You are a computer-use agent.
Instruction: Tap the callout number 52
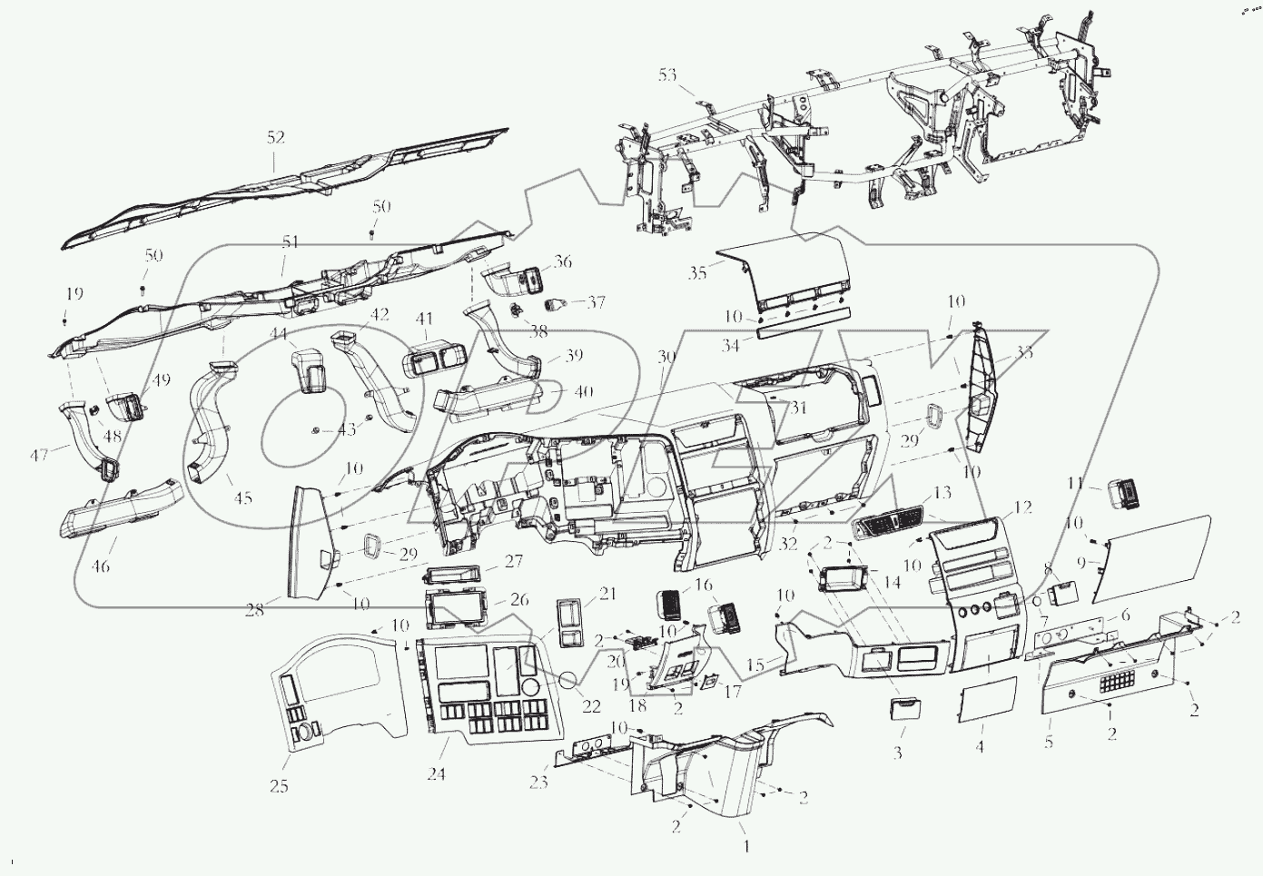coord(276,137)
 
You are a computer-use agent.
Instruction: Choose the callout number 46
coord(101,566)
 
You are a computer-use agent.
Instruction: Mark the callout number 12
coord(1023,507)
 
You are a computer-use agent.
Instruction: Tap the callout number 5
coord(1049,742)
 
